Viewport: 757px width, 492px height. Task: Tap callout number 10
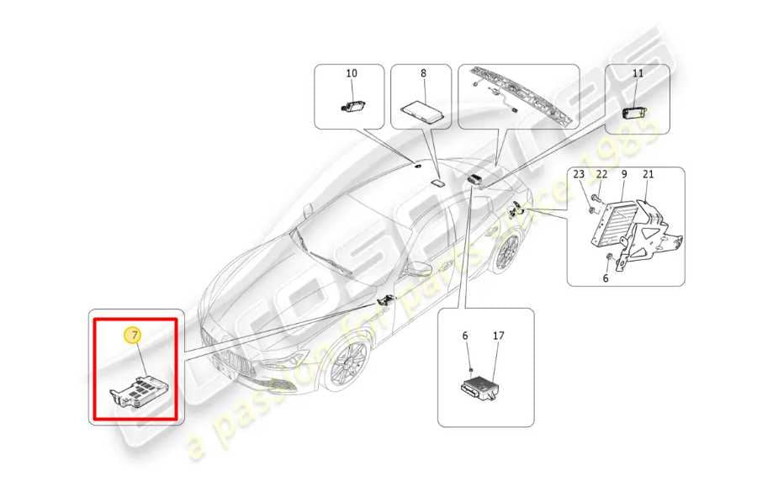coord(352,74)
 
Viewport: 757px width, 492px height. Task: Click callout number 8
coord(424,74)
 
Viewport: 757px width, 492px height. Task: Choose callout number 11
coord(638,74)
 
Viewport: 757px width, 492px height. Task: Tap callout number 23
coord(579,174)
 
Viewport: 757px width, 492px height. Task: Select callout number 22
coord(601,174)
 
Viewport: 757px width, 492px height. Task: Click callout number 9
coord(624,174)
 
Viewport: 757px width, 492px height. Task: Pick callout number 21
coord(648,174)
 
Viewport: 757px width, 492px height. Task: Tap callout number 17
coord(498,336)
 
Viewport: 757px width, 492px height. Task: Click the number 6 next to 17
coord(465,336)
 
